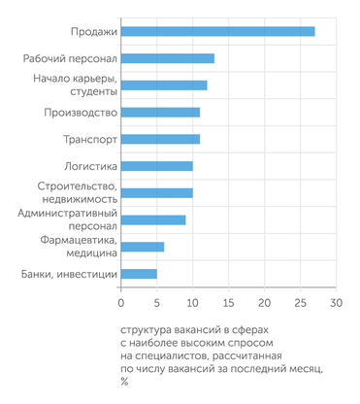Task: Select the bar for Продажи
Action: pos(218,31)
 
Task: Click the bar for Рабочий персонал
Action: pos(168,58)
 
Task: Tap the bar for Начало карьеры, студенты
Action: pos(164,85)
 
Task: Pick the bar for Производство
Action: pos(160,112)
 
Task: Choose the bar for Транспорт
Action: pos(160,139)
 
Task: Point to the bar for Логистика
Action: pos(157,166)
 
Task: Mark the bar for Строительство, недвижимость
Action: pos(157,192)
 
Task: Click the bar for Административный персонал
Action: pos(153,219)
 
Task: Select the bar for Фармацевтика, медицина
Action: pos(143,247)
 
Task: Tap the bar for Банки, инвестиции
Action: pos(139,274)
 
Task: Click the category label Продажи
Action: pos(94,32)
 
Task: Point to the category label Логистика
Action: pos(91,166)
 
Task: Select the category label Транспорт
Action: pos(90,140)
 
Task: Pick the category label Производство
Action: pos(81,113)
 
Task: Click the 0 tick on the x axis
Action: pos(121,303)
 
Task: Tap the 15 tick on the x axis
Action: pos(228,303)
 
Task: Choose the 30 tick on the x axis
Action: pos(336,303)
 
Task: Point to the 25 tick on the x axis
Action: pos(300,303)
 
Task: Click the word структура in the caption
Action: pos(149,330)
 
